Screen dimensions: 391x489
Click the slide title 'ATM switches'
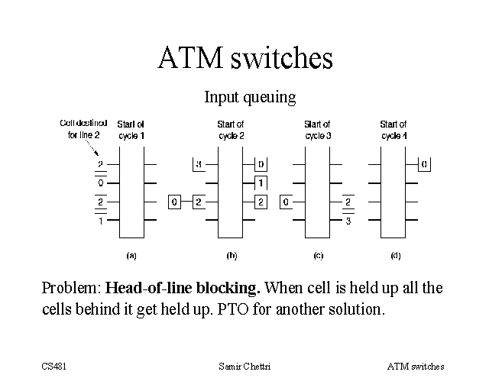pos(245,59)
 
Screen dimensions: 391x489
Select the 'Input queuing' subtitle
pos(249,98)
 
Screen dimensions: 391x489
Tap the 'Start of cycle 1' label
pos(131,130)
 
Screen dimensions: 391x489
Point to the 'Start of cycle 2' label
pos(231,129)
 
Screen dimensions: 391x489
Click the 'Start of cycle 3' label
pos(317,129)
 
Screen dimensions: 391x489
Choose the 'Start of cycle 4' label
pos(393,129)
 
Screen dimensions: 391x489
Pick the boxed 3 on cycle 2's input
pos(198,164)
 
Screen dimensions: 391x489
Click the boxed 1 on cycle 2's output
pos(261,183)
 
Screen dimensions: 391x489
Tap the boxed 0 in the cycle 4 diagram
pos(424,164)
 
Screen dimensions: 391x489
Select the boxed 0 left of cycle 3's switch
pos(285,202)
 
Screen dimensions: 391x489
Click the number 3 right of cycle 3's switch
pos(348,221)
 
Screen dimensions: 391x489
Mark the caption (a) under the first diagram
pos(131,255)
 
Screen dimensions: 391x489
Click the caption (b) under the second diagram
pos(230,255)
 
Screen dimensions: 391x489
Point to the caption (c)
pos(318,255)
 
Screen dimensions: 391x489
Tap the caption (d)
pos(395,255)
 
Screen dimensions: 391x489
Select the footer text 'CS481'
pos(54,367)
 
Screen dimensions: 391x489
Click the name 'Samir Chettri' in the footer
pos(244,367)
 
